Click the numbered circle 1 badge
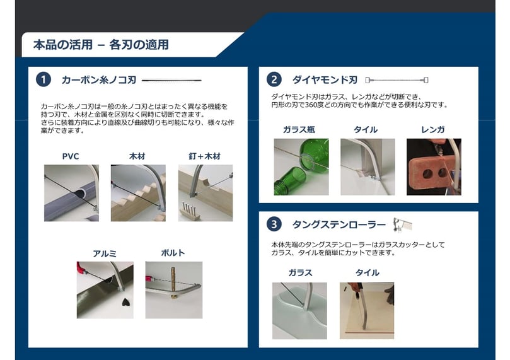click(x=43, y=79)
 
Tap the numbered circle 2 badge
click(x=274, y=79)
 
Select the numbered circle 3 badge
click(x=274, y=224)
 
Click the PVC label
click(x=71, y=156)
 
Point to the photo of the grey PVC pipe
click(x=72, y=193)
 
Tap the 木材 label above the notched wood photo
click(x=137, y=156)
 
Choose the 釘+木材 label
click(x=205, y=156)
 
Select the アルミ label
click(x=105, y=253)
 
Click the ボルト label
click(x=173, y=253)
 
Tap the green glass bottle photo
click(x=301, y=167)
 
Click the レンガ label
click(x=432, y=130)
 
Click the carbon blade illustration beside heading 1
click(x=171, y=80)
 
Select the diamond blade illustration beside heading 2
click(x=397, y=80)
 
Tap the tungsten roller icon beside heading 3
click(x=402, y=224)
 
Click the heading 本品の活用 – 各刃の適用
click(x=101, y=45)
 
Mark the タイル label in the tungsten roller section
click(x=368, y=272)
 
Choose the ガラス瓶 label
click(x=299, y=130)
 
